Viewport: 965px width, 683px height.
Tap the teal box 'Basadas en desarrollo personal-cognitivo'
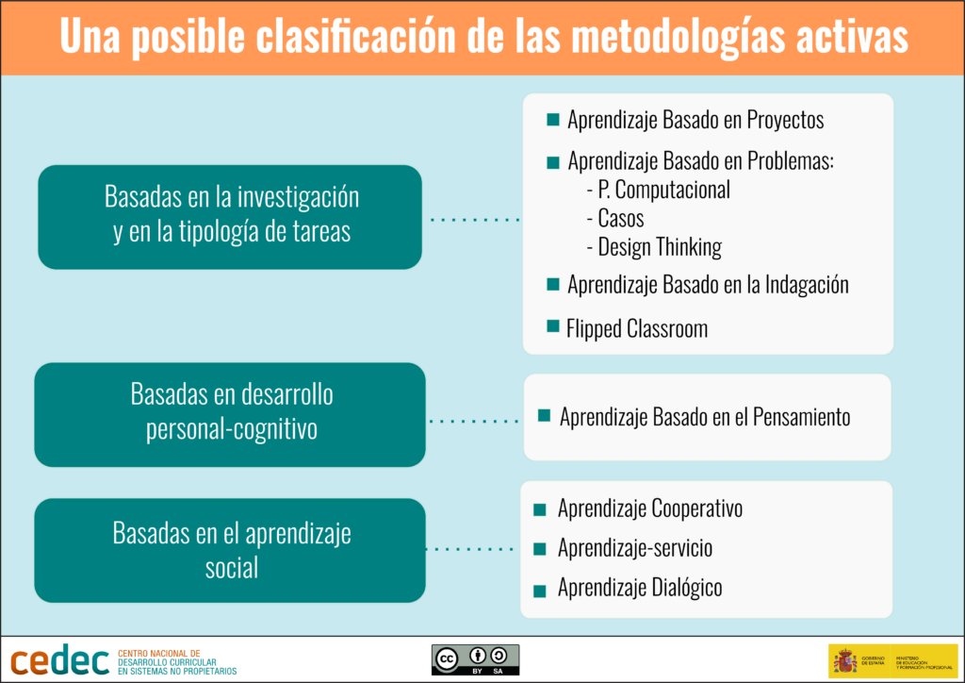230,413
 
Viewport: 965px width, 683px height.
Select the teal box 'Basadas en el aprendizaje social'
230,550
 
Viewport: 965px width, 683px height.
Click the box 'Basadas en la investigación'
230,216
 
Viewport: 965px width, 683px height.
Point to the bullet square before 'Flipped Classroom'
553,327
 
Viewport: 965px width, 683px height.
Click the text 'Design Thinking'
660,248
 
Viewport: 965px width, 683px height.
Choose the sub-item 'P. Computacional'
663,190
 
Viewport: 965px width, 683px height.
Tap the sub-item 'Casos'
621,219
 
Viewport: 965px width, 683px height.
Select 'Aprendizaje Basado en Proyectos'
695,121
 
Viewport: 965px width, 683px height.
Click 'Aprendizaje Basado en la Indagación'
708,285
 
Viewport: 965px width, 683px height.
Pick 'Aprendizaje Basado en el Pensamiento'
705,417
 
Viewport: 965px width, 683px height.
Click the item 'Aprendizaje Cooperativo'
649,509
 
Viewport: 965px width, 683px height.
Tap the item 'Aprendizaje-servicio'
635,548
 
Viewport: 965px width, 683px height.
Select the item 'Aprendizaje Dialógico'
640,588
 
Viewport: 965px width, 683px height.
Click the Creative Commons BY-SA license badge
475,658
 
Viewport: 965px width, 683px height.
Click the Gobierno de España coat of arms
844,659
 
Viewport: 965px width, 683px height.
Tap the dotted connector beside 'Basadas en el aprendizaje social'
471,548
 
